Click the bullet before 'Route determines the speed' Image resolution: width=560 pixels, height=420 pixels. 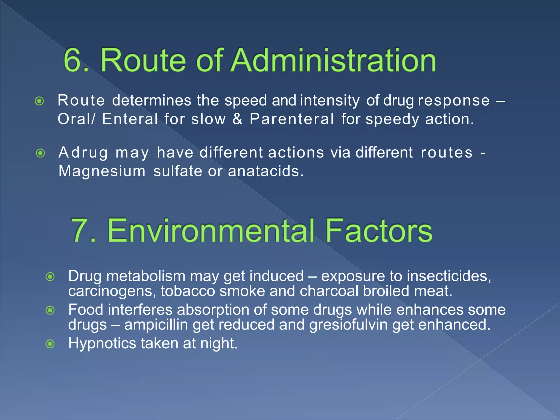click(40, 101)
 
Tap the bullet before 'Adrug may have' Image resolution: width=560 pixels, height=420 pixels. click(40, 153)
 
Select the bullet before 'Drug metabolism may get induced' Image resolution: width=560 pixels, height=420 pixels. click(50, 277)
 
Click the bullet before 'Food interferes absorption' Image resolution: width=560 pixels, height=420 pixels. click(50, 310)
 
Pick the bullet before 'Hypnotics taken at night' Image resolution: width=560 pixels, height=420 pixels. click(50, 344)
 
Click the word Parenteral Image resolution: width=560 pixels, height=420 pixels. click(292, 119)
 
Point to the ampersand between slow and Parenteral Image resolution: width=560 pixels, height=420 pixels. click(237, 119)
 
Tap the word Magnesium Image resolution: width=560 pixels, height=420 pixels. click(102, 171)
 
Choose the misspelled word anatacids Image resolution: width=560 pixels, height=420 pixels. click(266, 171)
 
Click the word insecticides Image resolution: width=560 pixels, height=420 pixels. click(448, 276)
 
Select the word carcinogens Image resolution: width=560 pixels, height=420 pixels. click(112, 291)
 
